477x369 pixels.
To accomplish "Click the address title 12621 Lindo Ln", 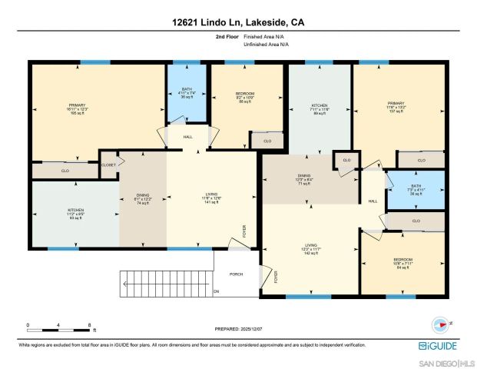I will (238, 24).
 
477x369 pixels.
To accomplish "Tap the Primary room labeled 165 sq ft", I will (78, 108).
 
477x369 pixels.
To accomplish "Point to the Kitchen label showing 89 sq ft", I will (320, 108).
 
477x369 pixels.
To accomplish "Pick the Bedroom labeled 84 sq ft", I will (402, 263).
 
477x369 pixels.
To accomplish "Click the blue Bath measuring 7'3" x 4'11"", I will (416, 191).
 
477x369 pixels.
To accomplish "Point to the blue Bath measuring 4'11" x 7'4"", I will (187, 93).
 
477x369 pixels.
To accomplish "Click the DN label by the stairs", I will (216, 291).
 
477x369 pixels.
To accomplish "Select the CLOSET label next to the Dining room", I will (109, 164).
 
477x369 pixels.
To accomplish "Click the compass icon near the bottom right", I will (440, 324).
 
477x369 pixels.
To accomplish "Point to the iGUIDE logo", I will (439, 347).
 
